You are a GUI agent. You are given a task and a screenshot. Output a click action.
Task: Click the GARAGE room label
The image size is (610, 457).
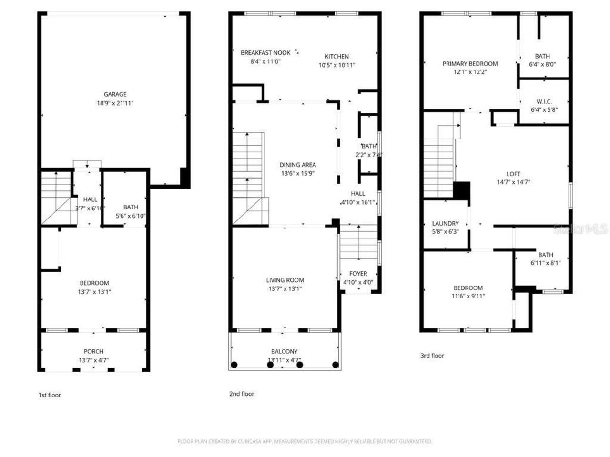115,94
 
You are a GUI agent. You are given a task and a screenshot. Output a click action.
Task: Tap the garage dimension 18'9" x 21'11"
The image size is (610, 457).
115,103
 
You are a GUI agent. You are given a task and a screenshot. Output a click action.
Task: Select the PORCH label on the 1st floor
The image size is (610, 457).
93,352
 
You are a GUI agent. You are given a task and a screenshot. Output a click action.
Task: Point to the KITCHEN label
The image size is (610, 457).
336,56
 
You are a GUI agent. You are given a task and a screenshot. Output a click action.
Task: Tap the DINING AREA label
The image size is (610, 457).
297,165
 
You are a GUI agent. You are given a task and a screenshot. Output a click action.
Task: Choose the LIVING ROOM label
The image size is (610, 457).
285,280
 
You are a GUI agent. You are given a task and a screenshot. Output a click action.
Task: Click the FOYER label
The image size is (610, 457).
358,274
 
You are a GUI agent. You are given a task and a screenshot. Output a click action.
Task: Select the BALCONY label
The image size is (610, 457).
284,352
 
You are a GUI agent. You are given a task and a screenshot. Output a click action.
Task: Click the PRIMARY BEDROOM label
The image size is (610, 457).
470,64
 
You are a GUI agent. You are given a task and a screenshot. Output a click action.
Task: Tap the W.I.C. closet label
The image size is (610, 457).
544,101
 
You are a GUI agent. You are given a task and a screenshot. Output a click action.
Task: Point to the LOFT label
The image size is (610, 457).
513,174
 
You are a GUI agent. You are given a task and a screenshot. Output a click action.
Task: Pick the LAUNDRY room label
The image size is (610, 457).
445,223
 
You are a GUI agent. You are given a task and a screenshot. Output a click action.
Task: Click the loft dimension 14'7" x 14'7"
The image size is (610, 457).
513,182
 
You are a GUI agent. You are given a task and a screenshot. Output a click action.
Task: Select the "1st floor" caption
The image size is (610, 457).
50,395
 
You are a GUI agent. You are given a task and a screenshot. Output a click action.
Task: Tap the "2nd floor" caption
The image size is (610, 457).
242,394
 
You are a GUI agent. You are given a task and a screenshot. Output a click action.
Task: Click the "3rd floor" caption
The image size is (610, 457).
432,356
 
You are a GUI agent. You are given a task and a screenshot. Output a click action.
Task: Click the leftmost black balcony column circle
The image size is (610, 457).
234,365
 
